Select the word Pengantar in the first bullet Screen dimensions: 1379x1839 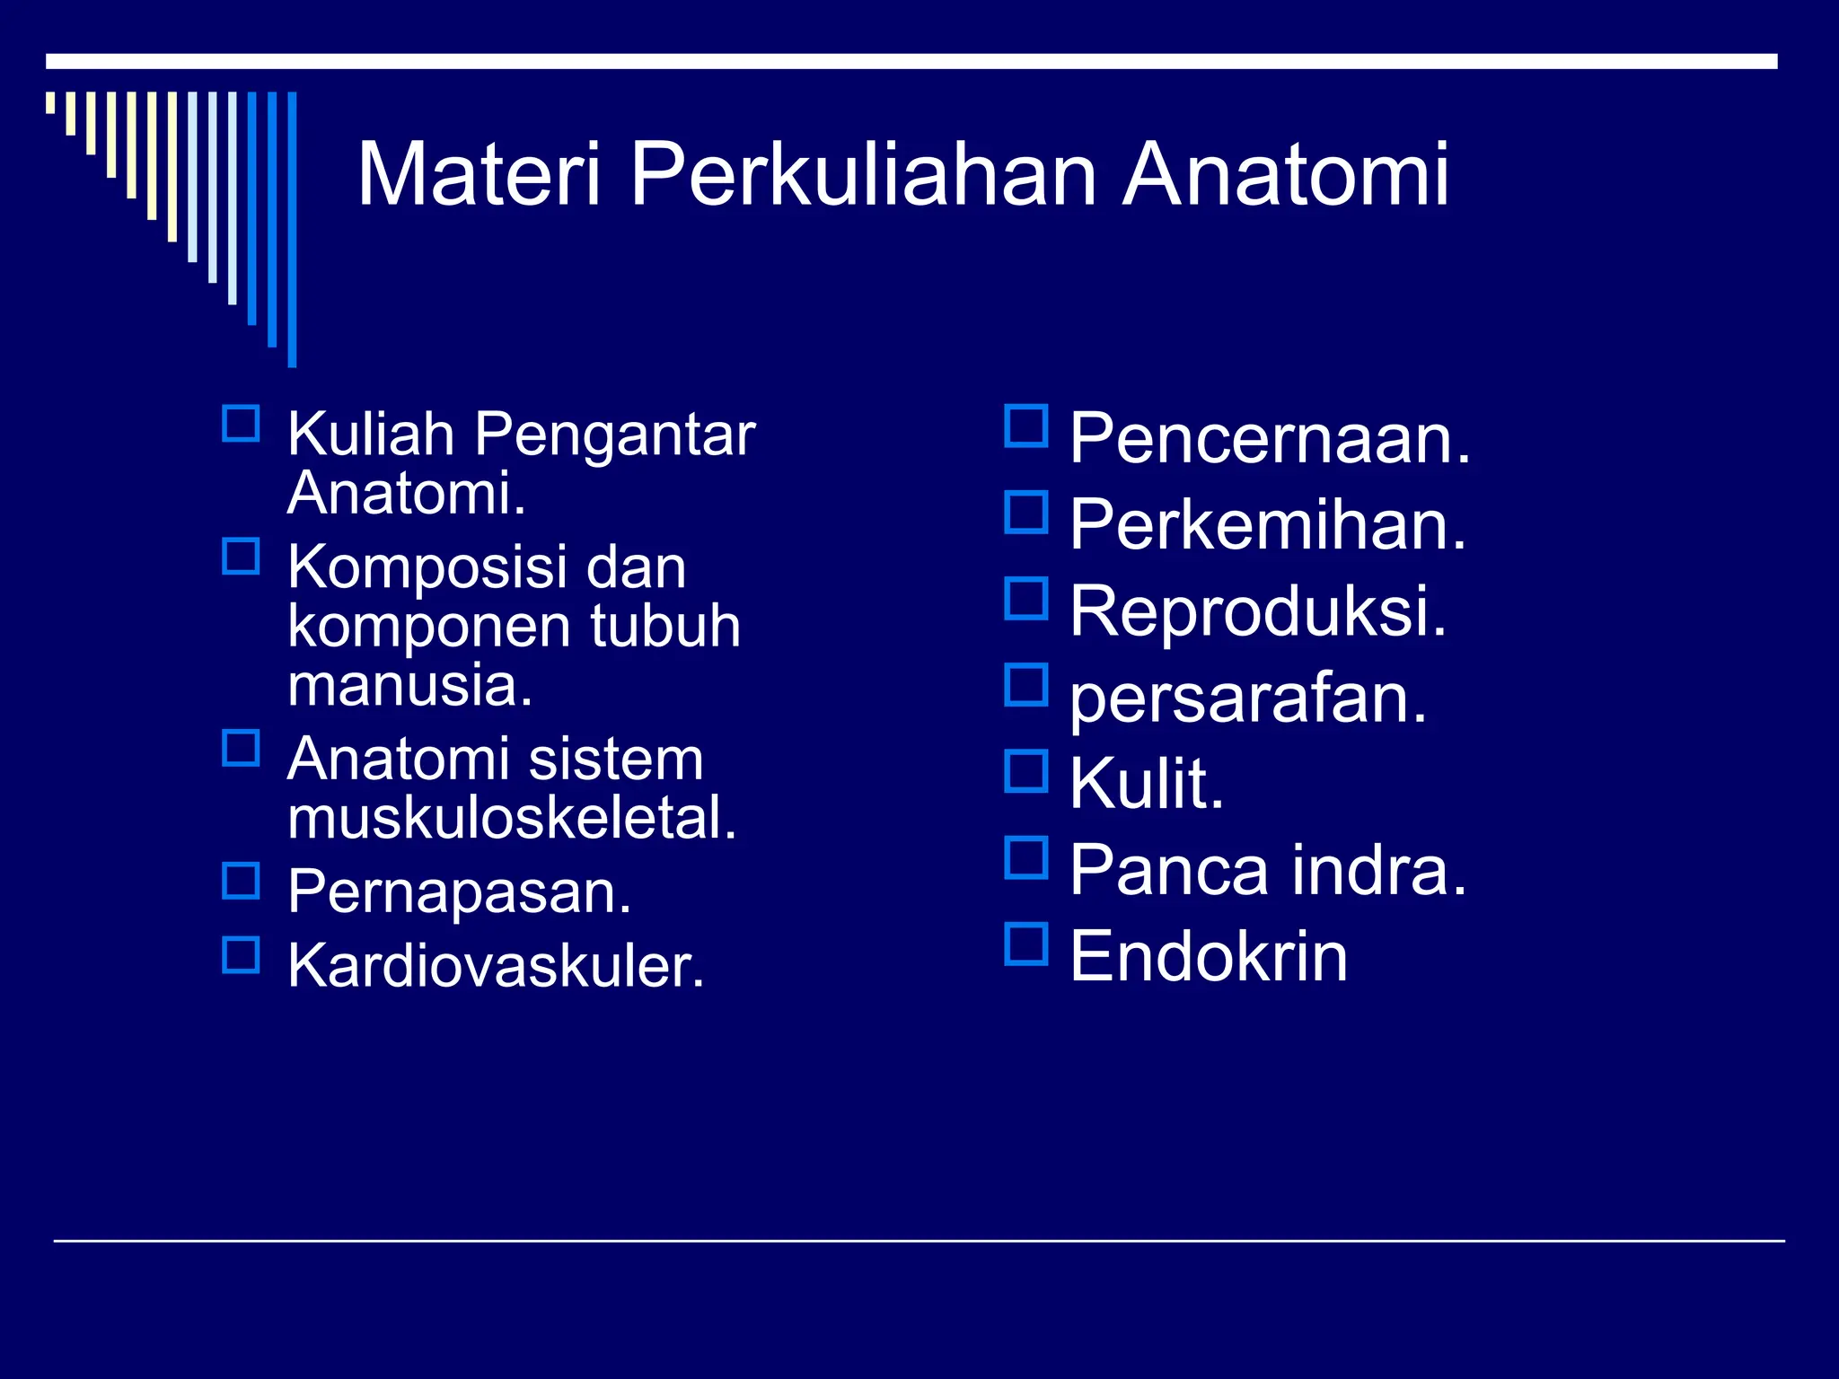point(614,435)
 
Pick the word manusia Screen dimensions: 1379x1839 point(410,685)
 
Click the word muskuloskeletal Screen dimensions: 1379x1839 point(512,818)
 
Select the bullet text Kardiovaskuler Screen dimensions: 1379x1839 point(496,966)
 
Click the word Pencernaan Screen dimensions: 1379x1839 point(1270,438)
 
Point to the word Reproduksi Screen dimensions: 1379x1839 point(1258,610)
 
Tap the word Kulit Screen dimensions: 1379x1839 point(1147,783)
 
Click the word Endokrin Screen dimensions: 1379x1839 point(1209,956)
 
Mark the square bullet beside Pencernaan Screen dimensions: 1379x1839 point(1026,426)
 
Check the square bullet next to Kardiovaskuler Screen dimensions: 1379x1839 point(241,955)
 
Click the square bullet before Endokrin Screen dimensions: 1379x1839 point(1026,944)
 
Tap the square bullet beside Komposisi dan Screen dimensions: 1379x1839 point(241,557)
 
